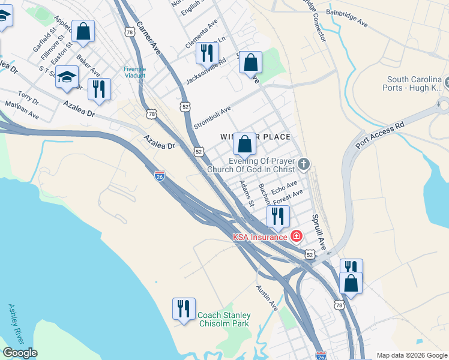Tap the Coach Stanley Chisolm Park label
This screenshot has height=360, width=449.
(x=224, y=319)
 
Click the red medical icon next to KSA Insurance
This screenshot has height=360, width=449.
(x=296, y=236)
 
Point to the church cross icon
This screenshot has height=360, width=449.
(x=304, y=163)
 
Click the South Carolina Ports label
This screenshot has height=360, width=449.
(x=414, y=83)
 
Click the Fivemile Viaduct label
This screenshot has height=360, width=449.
(x=134, y=72)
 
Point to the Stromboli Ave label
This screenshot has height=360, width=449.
(x=212, y=118)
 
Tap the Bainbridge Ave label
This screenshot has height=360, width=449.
(x=346, y=18)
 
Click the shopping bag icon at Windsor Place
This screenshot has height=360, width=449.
(x=244, y=143)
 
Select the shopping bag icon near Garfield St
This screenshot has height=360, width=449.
(x=83, y=31)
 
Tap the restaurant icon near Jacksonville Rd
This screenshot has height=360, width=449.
(x=206, y=53)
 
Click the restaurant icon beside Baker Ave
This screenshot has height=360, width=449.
(x=99, y=89)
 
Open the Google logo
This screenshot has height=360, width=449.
(x=19, y=353)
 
